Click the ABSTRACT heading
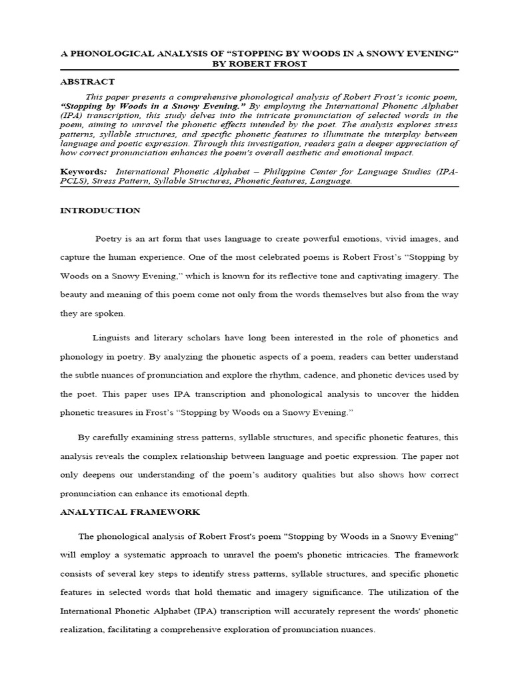click(87, 82)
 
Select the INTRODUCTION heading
click(100, 210)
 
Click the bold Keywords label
click(82, 170)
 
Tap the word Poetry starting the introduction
click(109, 238)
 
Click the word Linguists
click(113, 339)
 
